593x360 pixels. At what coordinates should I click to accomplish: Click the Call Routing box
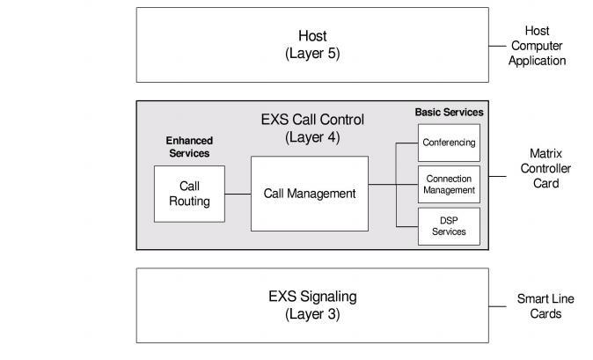pos(189,194)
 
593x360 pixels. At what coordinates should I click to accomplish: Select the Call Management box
pos(309,194)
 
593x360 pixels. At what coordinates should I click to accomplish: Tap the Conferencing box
pos(449,143)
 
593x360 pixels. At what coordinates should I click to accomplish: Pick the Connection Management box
pos(449,185)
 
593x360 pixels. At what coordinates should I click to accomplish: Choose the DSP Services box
pos(449,226)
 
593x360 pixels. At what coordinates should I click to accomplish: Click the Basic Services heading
pos(449,113)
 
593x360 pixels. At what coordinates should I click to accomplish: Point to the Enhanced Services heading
pos(189,147)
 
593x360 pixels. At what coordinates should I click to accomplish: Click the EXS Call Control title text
pos(312,120)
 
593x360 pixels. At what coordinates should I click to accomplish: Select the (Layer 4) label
pos(312,137)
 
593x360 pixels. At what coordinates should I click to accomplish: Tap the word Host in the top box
pos(312,36)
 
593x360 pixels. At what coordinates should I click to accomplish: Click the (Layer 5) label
pos(312,53)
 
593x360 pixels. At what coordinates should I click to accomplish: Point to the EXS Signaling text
pos(312,296)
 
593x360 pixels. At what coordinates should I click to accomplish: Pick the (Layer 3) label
pos(312,313)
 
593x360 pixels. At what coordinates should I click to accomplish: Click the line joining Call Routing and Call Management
pos(238,194)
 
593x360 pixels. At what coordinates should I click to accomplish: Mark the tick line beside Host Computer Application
pos(497,45)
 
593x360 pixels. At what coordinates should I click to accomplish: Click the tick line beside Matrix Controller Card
pos(497,176)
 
